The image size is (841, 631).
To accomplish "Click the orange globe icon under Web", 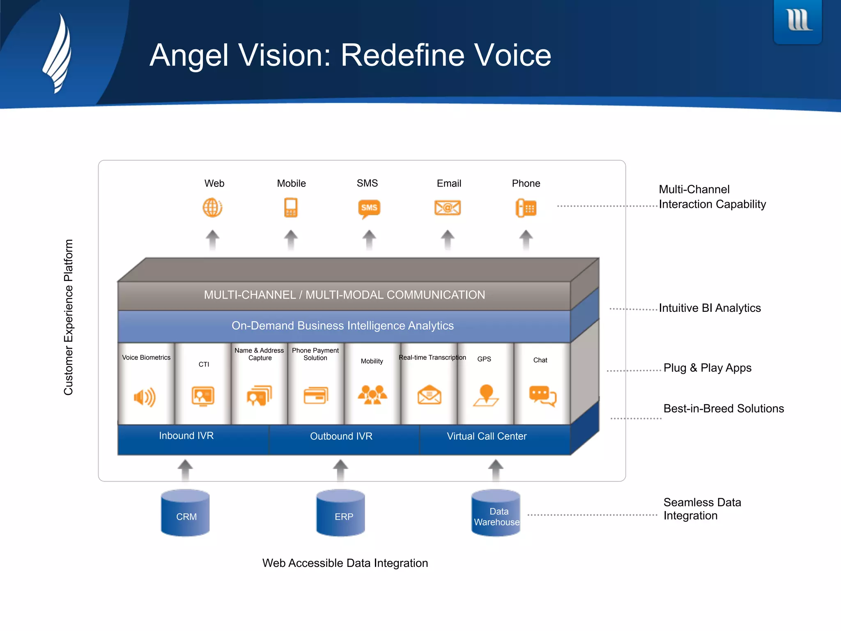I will coord(212,207).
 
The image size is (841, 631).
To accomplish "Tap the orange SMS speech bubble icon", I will coord(369,208).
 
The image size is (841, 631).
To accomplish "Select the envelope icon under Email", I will coord(447,207).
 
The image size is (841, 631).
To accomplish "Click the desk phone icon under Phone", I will coord(526,208).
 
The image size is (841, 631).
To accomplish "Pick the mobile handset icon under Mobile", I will coord(291,207).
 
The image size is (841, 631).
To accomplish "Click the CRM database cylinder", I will coord(186,513).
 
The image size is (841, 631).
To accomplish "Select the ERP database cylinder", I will coord(340,513).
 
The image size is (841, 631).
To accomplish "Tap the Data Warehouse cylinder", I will coord(496,513).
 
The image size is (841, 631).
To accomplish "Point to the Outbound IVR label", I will coord(341,436).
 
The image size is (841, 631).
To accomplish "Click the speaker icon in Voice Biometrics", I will coord(145,397).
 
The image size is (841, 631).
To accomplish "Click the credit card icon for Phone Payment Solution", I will coord(316,396).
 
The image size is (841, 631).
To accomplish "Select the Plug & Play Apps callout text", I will coord(707,368).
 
